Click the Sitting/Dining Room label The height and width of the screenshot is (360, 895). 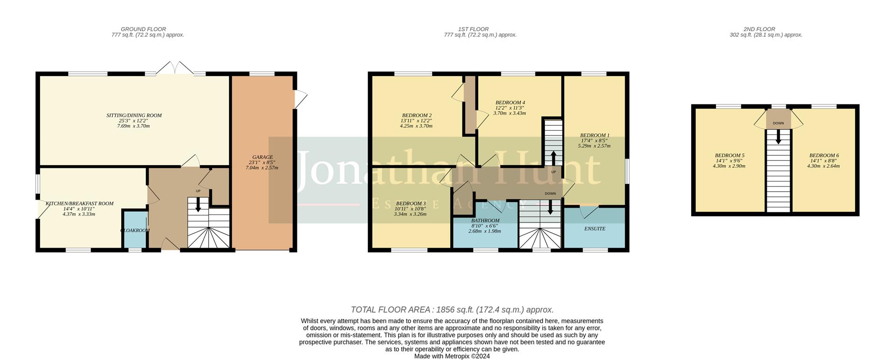tap(134, 116)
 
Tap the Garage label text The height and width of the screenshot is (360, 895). tap(262, 157)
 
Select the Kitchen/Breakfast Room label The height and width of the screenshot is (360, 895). tap(79, 204)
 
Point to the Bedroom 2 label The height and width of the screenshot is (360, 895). tap(416, 116)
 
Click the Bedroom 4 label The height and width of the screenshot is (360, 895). tap(510, 103)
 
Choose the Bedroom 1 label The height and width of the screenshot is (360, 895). tap(594, 136)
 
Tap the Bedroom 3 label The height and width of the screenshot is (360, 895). tap(410, 204)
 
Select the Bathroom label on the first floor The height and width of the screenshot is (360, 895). tap(485, 221)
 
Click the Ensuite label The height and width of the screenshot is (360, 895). tap(594, 229)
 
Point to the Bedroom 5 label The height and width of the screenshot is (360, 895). tap(729, 156)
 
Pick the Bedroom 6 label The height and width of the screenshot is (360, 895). tap(824, 156)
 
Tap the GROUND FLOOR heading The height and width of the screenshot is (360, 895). tap(143, 29)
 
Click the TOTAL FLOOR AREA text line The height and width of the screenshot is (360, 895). tap(452, 310)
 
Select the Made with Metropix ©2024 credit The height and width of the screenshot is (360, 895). tap(452, 356)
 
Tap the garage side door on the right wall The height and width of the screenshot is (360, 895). tap(301, 98)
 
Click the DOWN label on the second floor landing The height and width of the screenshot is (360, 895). tap(778, 124)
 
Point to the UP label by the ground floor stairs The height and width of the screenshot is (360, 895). tap(198, 191)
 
